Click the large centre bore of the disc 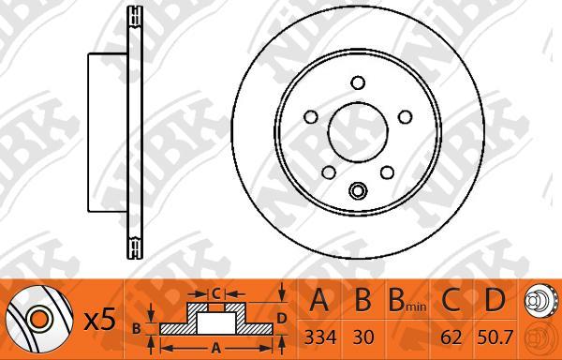coord(358,131)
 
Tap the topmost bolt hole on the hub coord(358,82)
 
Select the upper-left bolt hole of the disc coord(311,117)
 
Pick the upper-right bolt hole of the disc coord(406,117)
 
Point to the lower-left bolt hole coord(329,172)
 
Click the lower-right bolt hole coord(387,172)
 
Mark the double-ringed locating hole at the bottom coord(358,190)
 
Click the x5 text coord(100,320)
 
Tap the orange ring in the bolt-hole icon coord(38,319)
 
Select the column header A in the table coord(318,300)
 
